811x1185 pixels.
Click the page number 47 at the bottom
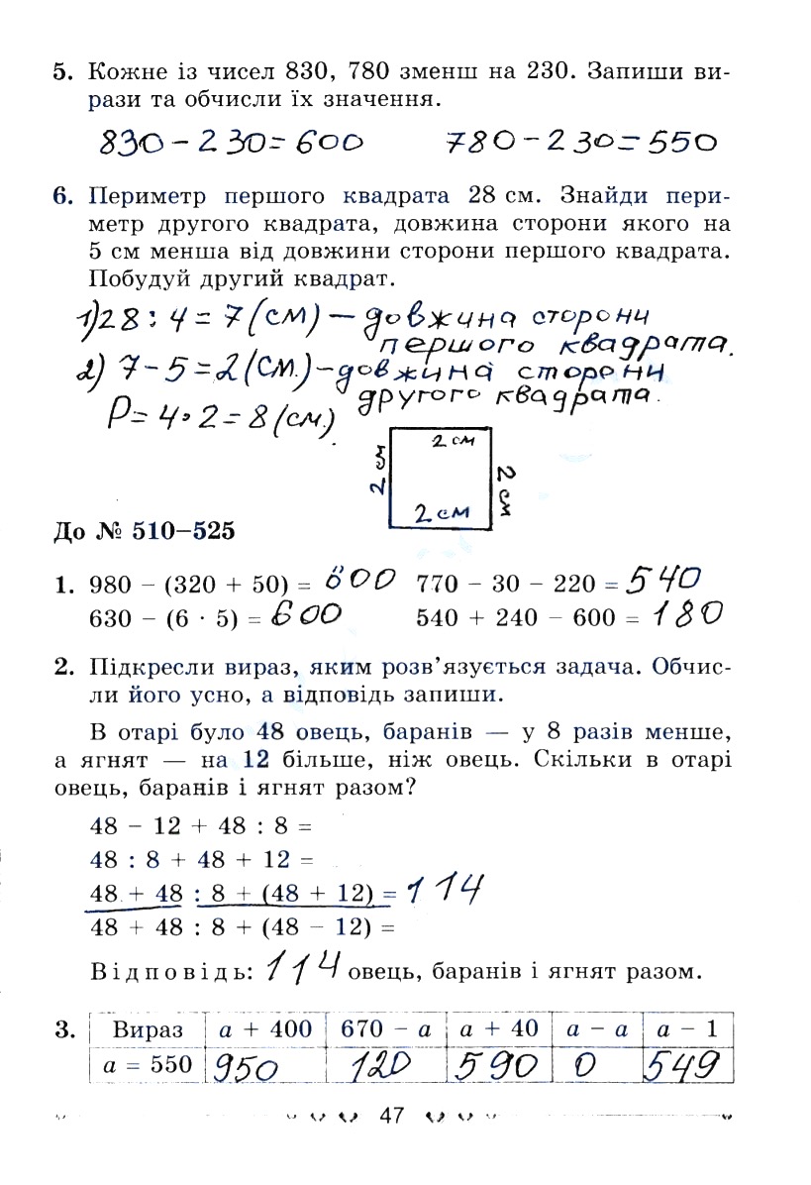tap(392, 1117)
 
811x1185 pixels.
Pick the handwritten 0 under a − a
tap(584, 1066)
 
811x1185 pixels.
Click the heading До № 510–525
tap(144, 532)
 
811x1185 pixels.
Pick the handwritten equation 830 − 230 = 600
tap(232, 144)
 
